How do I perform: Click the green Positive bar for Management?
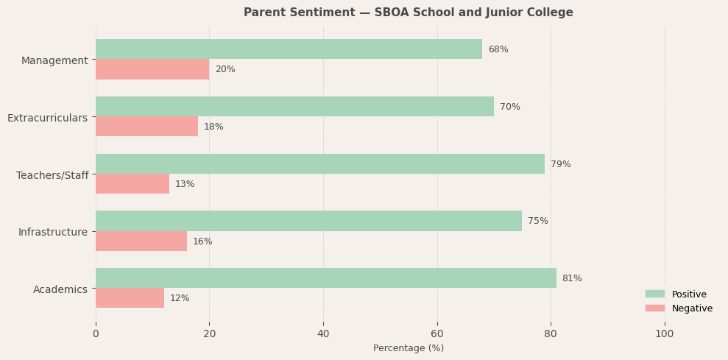pos(289,49)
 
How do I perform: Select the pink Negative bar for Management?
pos(152,69)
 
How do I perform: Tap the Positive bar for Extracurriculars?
pos(294,107)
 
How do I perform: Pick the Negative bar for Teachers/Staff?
pos(132,184)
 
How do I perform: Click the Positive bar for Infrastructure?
pos(308,221)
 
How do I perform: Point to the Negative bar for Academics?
pos(130,298)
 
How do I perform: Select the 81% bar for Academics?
pos(325,278)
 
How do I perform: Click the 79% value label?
pos(560,164)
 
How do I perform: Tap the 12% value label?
pos(180,298)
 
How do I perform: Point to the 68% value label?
pos(498,49)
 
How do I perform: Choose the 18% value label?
pos(213,127)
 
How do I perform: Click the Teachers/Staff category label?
pos(52,175)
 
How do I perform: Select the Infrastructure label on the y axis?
pos(53,232)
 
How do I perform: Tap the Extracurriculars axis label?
pos(47,118)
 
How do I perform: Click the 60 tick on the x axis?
pos(437,333)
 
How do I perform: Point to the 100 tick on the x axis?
pos(665,333)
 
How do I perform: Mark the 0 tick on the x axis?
pos(96,333)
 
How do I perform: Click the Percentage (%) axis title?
pos(409,348)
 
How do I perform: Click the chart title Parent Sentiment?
pos(408,13)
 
